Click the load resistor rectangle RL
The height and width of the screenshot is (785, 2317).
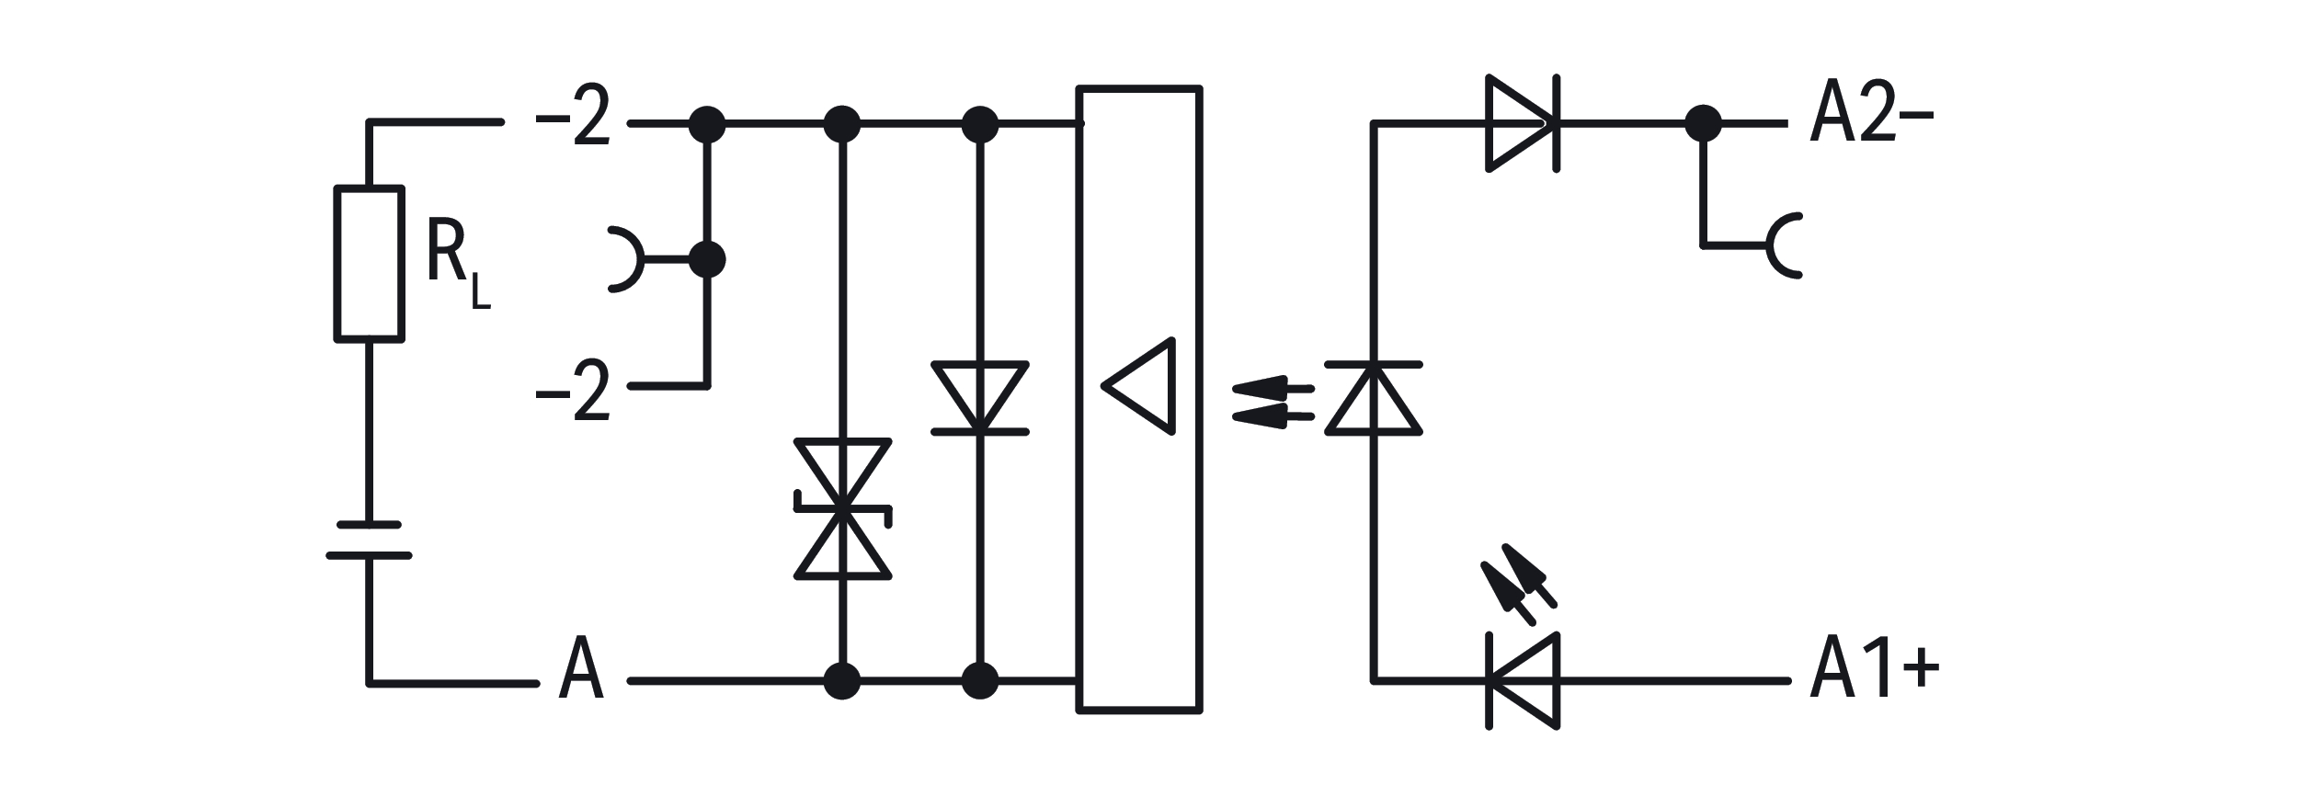point(369,264)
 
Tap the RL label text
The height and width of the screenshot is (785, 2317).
point(457,265)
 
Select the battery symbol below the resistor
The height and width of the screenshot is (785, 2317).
point(369,540)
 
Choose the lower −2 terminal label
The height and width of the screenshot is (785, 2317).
point(574,391)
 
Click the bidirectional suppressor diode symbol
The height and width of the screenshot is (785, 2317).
point(842,509)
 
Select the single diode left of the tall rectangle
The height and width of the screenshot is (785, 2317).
point(980,397)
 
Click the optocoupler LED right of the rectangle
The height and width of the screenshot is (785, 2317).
point(1374,398)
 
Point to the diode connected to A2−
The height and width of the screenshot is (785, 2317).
point(1523,123)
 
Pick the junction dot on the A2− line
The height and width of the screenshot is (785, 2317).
point(1703,123)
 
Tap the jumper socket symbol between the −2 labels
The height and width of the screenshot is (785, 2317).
point(626,258)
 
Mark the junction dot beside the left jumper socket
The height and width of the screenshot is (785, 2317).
point(706,259)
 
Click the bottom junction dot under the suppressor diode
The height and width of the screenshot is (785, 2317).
point(842,681)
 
